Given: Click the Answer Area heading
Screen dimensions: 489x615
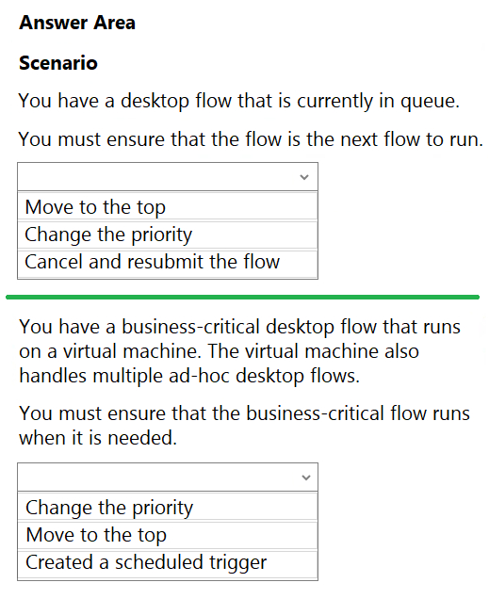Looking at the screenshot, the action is (x=77, y=23).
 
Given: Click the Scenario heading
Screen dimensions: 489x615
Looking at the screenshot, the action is (x=58, y=63).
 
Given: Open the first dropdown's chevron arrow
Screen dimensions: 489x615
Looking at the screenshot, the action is (x=304, y=177).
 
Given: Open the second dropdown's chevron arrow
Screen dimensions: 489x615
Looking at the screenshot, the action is (x=305, y=477).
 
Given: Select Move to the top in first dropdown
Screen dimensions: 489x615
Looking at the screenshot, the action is (x=95, y=207).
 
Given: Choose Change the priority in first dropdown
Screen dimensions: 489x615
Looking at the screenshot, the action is (x=108, y=235).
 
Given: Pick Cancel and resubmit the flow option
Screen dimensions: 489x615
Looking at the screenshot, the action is (x=153, y=262).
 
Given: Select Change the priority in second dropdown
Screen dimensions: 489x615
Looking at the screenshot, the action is (x=109, y=508).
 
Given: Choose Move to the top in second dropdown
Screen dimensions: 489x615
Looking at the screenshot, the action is (x=96, y=535).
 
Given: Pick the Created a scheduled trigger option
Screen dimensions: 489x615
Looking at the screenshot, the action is (x=146, y=562).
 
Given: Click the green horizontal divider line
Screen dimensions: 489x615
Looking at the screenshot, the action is (x=242, y=298).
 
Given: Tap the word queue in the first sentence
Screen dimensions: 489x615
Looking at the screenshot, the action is (x=430, y=101).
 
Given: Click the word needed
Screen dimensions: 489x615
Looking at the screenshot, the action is (x=142, y=438).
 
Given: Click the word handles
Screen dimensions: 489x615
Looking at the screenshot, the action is (x=53, y=376).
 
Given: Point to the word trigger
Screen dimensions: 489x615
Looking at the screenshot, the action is (x=237, y=563).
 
